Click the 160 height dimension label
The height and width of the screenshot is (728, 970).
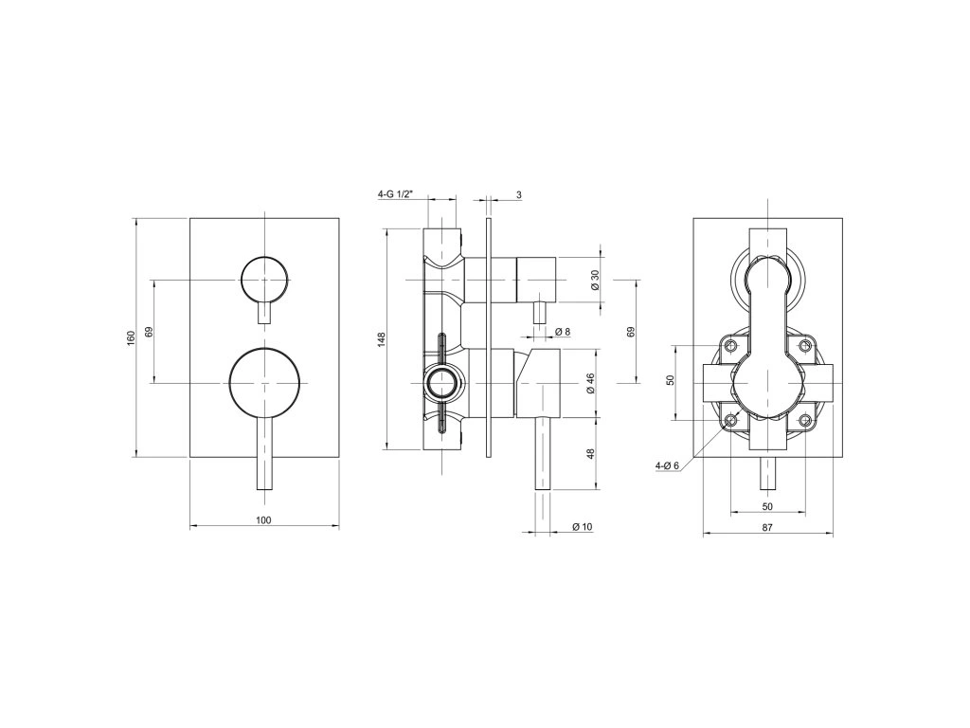click(131, 337)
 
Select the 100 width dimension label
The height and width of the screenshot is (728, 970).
click(264, 520)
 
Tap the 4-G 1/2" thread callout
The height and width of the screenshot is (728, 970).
click(395, 194)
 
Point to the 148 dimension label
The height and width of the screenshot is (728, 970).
click(381, 338)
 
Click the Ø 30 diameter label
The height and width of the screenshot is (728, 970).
click(595, 280)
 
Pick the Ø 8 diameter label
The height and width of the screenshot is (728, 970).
click(563, 332)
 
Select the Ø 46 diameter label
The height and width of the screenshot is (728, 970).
click(590, 383)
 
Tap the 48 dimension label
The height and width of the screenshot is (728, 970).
click(590, 454)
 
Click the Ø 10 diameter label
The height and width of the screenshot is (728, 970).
click(583, 527)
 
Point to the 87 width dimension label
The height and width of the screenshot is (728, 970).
click(767, 528)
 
